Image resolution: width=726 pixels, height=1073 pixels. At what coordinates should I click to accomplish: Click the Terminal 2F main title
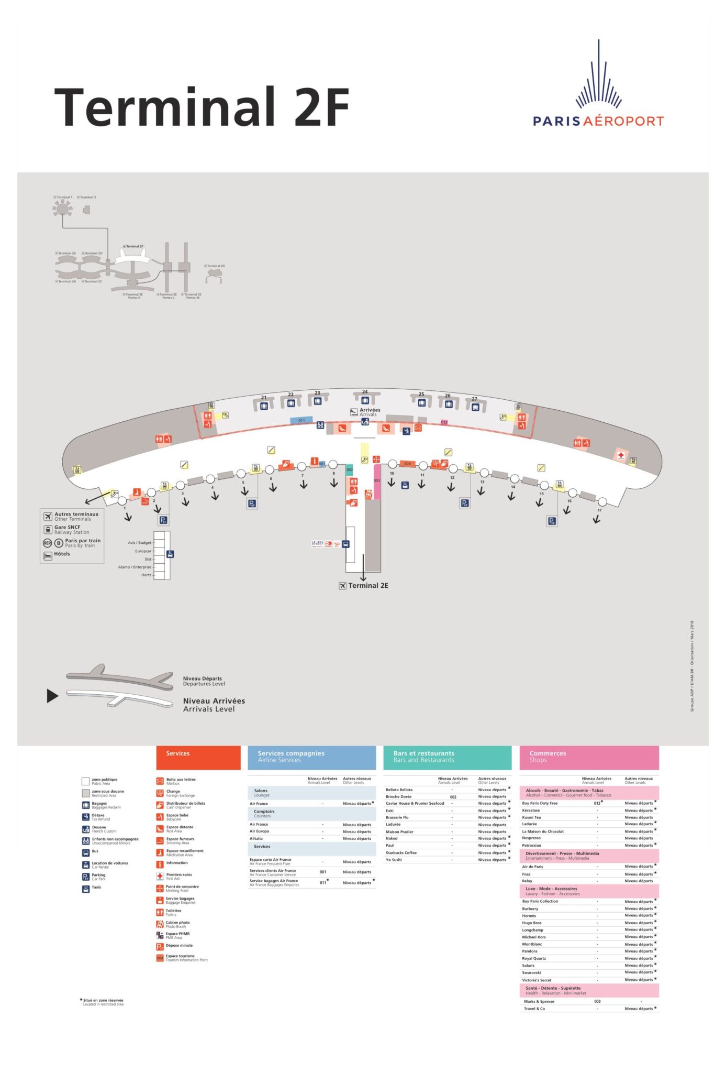point(202,107)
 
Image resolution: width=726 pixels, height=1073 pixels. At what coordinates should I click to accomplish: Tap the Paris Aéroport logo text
point(598,121)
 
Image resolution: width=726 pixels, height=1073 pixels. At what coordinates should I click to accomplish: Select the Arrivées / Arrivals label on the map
point(370,412)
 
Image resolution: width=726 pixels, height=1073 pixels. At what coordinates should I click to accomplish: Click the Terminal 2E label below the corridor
point(368,586)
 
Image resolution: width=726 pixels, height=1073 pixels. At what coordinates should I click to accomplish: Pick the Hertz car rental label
point(146,575)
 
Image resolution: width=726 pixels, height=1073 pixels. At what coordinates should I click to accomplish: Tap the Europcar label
point(143,551)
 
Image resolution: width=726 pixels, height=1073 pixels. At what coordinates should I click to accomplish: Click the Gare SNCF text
point(68,528)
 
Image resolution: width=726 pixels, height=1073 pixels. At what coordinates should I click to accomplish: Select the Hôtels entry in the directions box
point(62,554)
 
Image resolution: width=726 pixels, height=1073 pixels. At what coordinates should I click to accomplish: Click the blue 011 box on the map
point(301,420)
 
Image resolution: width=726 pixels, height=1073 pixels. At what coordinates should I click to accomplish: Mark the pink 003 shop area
point(377,480)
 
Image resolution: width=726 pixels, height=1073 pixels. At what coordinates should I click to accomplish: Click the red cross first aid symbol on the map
point(621,455)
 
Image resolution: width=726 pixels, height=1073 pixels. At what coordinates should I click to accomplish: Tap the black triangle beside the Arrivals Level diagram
point(52,696)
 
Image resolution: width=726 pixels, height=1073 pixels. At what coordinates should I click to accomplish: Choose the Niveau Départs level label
point(203,678)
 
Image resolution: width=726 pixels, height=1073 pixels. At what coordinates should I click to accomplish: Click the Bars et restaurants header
point(423,753)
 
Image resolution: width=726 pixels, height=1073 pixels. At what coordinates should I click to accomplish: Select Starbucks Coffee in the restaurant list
point(401,853)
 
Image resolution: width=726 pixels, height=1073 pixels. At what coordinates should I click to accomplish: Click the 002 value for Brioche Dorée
point(453,797)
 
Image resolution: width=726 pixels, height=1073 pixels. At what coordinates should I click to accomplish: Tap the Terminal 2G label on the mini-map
point(216,266)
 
